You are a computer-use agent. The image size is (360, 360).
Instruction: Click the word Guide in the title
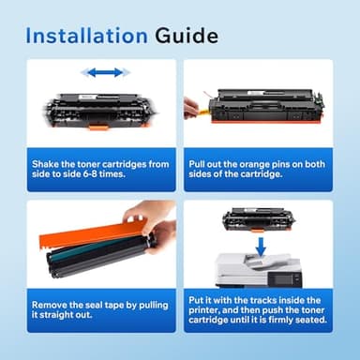click(x=186, y=37)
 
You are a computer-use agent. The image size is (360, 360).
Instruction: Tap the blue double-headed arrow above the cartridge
click(x=103, y=72)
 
